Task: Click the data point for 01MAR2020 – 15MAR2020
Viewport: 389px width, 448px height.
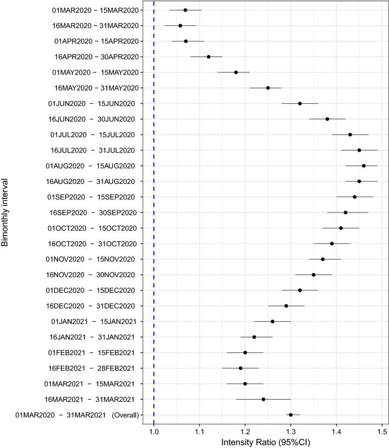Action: [x=185, y=10]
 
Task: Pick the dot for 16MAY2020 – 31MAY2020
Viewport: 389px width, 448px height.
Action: [x=268, y=88]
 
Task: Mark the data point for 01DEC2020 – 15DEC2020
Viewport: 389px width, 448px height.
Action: [x=300, y=290]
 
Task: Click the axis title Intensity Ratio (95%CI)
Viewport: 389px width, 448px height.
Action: [x=264, y=441]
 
